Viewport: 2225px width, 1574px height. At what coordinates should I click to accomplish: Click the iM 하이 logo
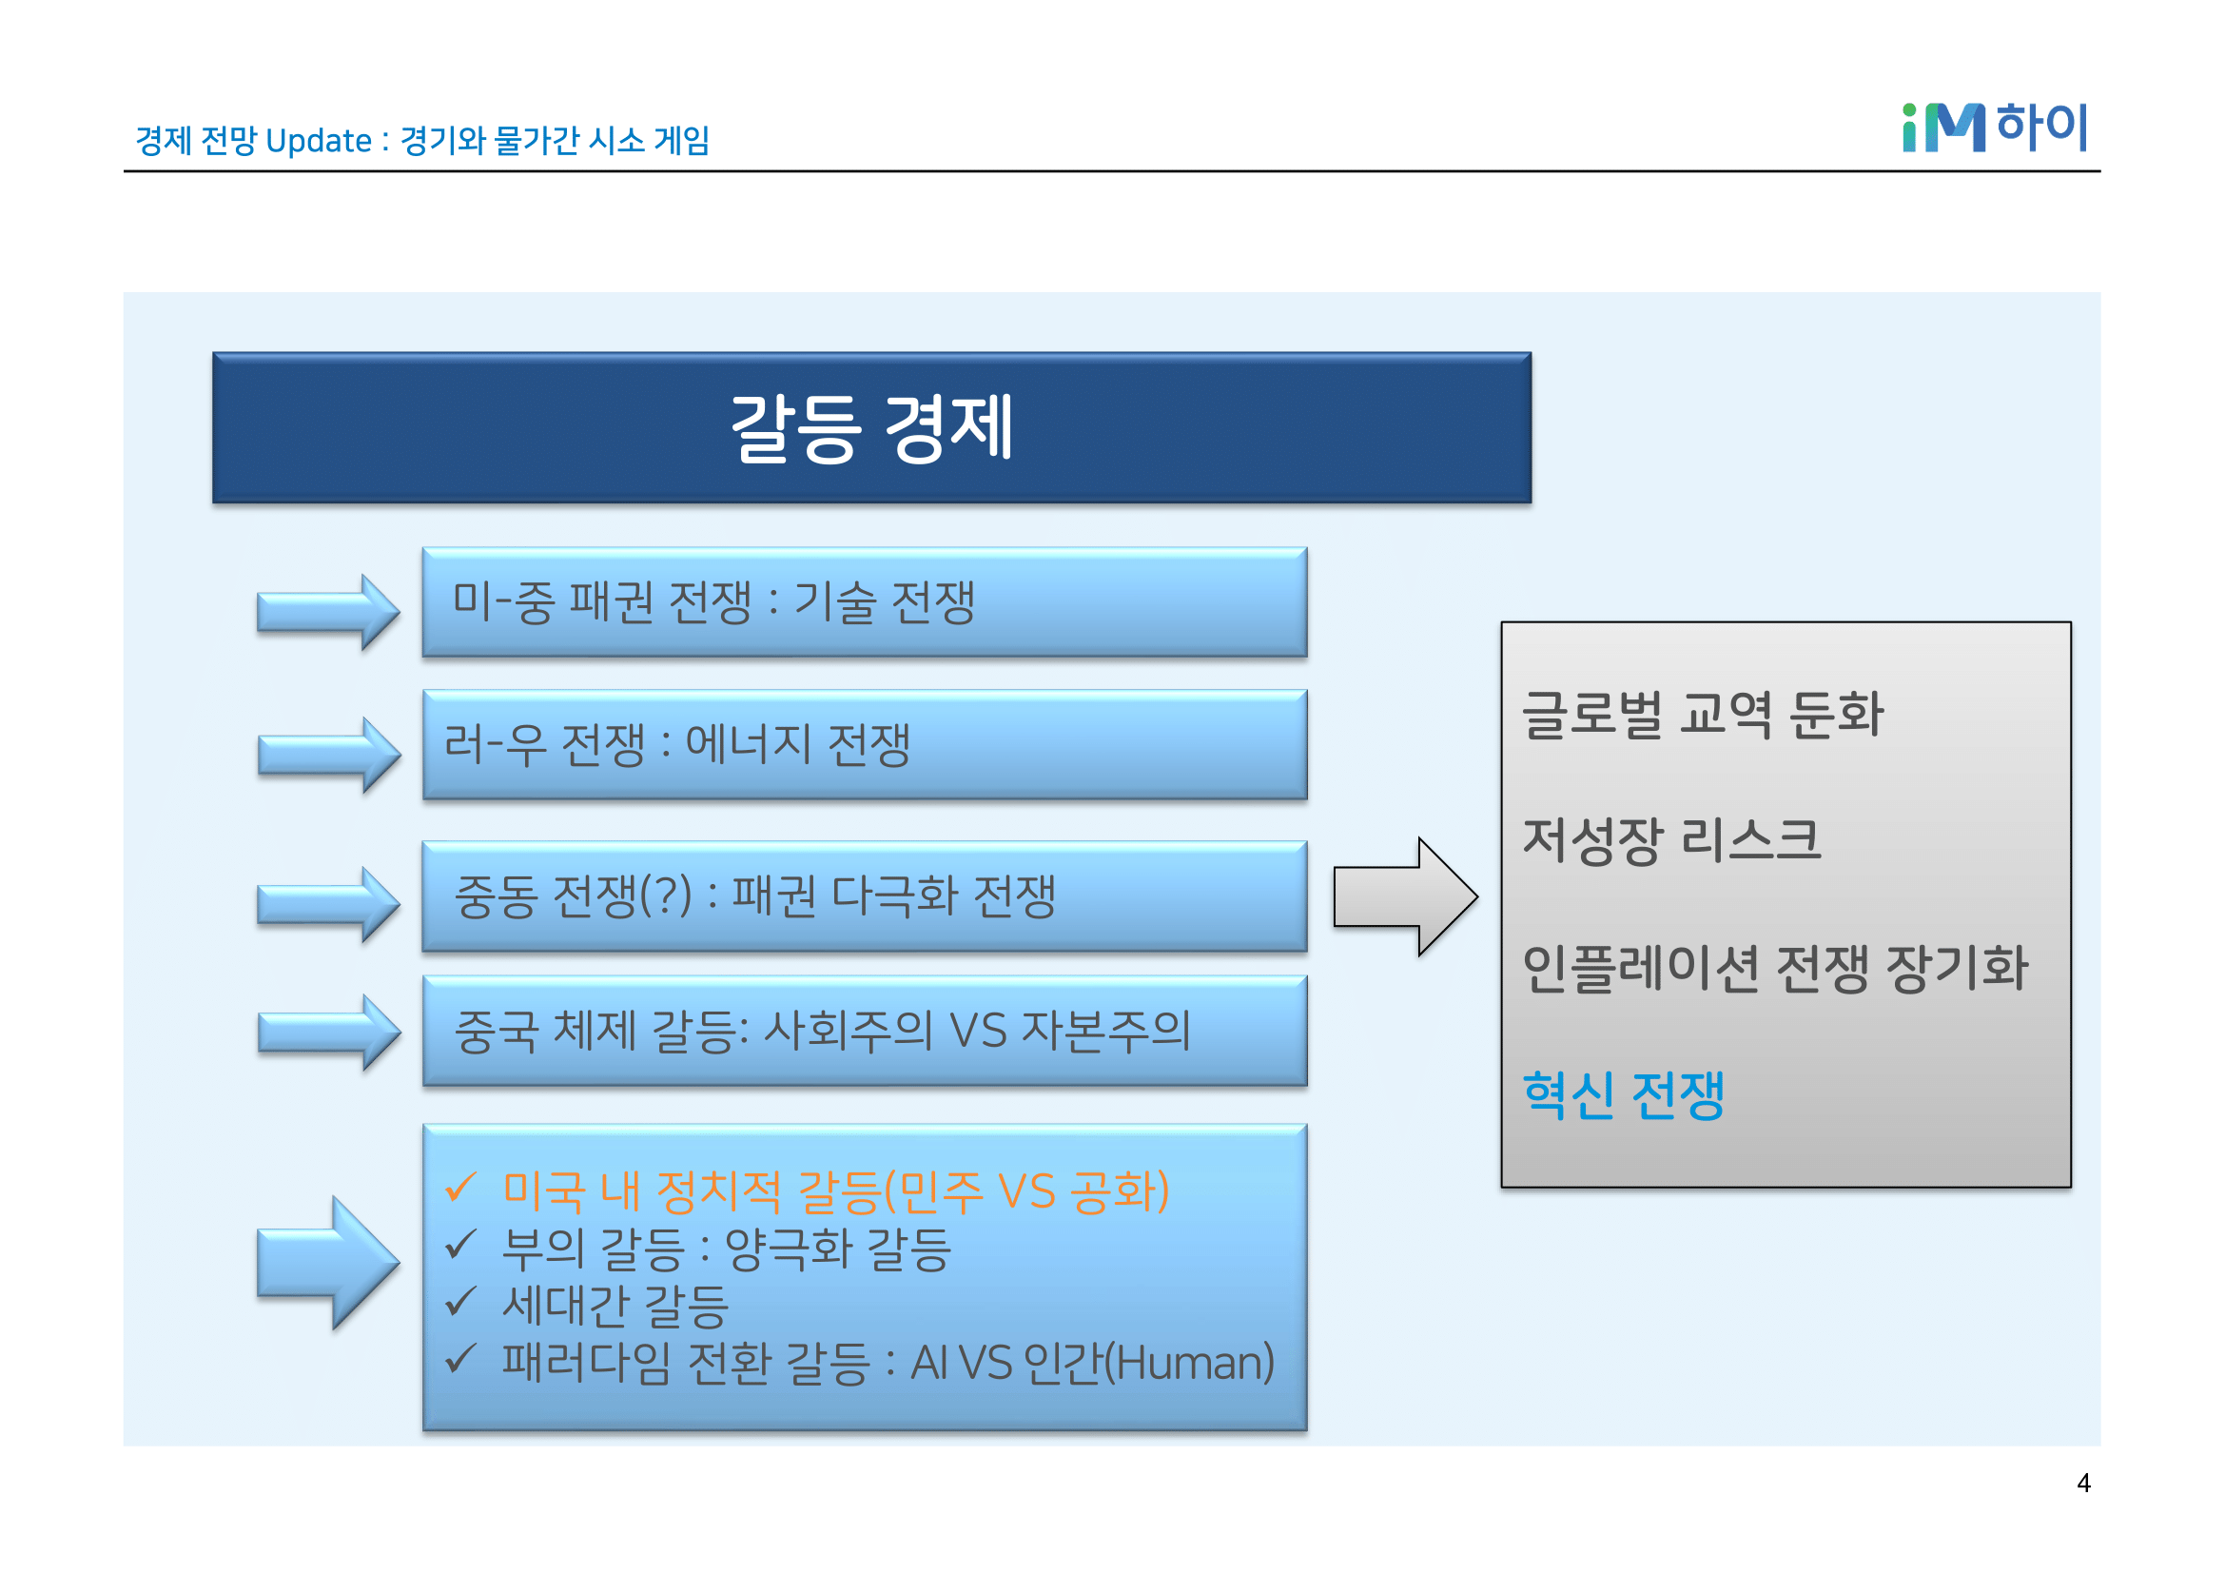point(1994,128)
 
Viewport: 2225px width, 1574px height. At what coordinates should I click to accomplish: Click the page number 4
point(2082,1483)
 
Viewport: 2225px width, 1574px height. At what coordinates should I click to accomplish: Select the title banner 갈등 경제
point(871,427)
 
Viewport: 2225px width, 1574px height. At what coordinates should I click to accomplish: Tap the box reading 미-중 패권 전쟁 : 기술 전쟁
point(864,601)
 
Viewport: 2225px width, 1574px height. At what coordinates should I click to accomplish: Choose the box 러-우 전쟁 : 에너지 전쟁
point(864,744)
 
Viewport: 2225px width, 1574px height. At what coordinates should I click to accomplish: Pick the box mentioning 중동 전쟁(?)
point(864,895)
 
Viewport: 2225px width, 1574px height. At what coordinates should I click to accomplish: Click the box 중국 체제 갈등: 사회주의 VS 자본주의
point(864,1031)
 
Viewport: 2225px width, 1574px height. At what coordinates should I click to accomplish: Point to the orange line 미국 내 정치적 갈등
point(834,1191)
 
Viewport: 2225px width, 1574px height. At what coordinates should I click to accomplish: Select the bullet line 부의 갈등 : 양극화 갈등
point(726,1249)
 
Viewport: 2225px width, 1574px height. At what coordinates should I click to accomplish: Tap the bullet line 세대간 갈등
point(615,1306)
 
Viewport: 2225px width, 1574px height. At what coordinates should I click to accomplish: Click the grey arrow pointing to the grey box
point(1404,896)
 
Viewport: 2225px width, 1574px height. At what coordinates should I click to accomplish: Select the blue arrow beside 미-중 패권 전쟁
point(327,612)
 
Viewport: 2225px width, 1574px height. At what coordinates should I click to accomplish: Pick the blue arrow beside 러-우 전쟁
point(327,755)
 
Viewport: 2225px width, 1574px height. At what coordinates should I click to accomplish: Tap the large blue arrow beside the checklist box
point(327,1262)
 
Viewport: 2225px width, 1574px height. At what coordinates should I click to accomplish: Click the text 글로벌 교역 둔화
point(1702,715)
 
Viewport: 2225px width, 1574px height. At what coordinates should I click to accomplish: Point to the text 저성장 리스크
point(1671,839)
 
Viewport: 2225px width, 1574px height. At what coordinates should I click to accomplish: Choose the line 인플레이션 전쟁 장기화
point(1774,967)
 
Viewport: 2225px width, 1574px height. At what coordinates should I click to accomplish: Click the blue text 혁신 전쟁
point(1623,1095)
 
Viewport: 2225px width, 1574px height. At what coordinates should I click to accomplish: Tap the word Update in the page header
point(318,142)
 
